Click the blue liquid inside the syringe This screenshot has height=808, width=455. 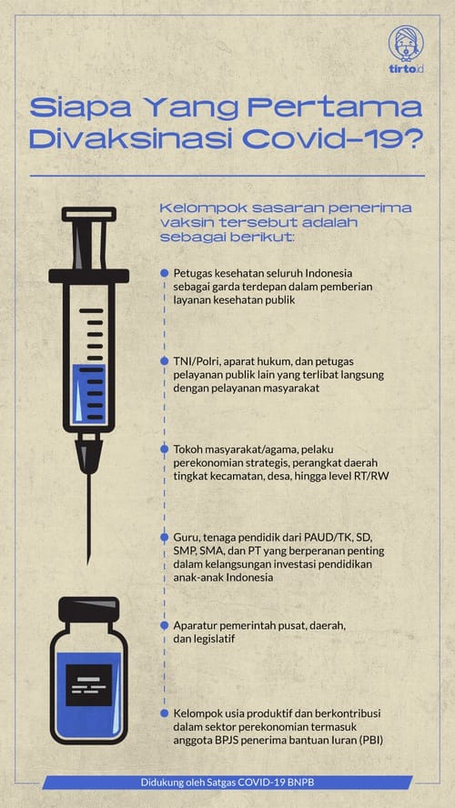[x=88, y=391]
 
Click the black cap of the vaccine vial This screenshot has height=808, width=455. [x=87, y=608]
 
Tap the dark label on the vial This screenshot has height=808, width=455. [x=88, y=678]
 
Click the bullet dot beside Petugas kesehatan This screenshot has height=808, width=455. [x=164, y=273]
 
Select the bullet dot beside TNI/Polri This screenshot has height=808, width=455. [x=164, y=360]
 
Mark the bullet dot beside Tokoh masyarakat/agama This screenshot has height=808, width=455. [x=164, y=449]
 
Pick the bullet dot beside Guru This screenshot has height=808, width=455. [x=164, y=538]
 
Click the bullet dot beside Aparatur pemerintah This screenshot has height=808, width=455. [x=164, y=625]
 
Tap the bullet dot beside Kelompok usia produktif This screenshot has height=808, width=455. [x=164, y=714]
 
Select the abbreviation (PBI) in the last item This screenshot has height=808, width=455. [x=369, y=742]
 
